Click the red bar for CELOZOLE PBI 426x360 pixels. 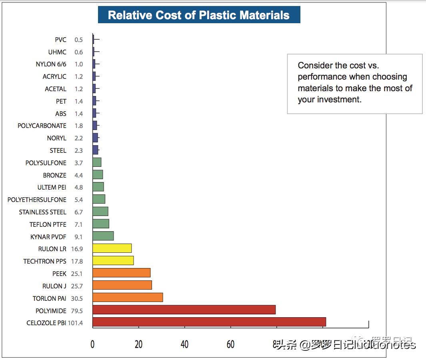(209, 322)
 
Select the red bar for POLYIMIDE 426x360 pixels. (184, 310)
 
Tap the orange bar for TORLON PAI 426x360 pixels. (128, 298)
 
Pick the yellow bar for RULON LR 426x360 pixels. (112, 248)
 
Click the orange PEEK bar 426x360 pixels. (121, 273)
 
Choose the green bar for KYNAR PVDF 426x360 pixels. (103, 236)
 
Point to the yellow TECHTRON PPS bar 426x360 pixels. (113, 261)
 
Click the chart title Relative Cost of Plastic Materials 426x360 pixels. (199, 15)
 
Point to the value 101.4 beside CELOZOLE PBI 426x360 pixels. (75, 323)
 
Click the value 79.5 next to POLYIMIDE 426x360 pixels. (76, 311)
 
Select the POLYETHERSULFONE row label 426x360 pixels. (37, 200)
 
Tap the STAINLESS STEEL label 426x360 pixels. (42, 212)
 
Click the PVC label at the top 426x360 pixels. (61, 40)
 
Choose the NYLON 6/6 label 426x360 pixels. (51, 64)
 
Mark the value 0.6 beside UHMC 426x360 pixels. (78, 52)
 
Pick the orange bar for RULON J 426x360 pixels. (122, 285)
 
